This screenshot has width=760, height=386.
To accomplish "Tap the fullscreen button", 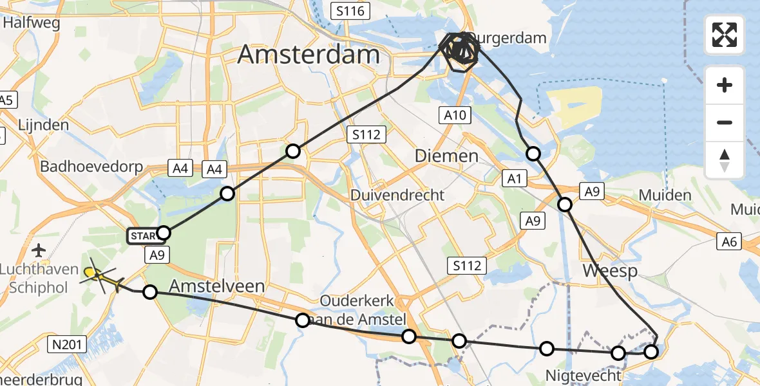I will pos(725,35).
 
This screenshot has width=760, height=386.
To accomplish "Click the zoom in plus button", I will pos(725,85).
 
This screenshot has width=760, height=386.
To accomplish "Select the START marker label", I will pos(143,236).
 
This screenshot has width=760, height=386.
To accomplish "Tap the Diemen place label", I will pos(446,156).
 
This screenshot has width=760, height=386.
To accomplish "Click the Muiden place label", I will pos(665,195).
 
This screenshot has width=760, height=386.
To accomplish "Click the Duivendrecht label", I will pos(397,194).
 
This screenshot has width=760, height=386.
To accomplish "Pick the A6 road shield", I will pos(730,241).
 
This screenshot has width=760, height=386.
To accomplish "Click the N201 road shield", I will pos(67,345).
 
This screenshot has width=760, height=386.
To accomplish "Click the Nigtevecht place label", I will pos(584,375).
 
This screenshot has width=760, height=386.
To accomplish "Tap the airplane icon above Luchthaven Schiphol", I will pos(39,250).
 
